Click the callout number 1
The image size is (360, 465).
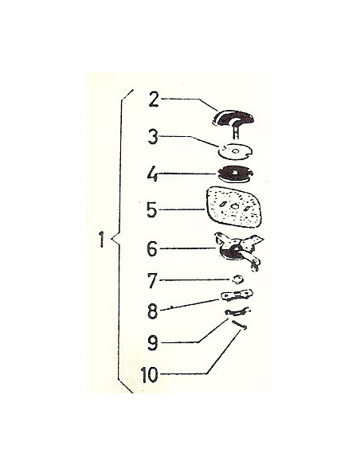102,240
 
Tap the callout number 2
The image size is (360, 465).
155,100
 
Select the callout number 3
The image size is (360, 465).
153,137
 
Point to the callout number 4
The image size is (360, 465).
152,174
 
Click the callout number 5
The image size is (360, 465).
152,210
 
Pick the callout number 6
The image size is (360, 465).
152,248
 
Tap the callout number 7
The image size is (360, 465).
152,280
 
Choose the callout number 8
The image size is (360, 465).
152,311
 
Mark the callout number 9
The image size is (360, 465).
152,343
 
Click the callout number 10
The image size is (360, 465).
149,375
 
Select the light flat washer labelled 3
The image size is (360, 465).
235,150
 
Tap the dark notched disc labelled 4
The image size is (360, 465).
235,174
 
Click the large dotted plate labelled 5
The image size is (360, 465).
234,207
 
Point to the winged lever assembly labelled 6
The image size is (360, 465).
239,251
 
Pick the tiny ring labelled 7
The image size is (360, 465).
237,279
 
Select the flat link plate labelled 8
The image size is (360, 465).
237,295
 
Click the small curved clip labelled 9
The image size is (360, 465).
237,311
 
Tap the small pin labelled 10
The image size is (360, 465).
240,325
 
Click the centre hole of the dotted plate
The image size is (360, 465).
234,207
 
